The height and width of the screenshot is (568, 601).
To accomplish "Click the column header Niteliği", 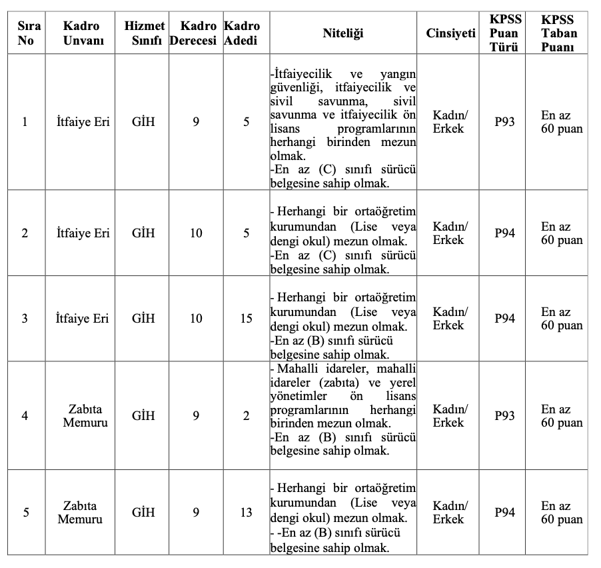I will pyautogui.click(x=343, y=33).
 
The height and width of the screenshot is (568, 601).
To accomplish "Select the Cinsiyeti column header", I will pyautogui.click(x=451, y=33).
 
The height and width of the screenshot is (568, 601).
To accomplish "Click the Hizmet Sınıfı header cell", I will pyautogui.click(x=144, y=33).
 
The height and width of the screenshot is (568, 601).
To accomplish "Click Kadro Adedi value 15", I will pyautogui.click(x=247, y=319).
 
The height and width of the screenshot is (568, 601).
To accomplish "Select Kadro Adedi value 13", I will pyautogui.click(x=247, y=513).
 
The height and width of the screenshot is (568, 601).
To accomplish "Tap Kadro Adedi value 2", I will pyautogui.click(x=247, y=416).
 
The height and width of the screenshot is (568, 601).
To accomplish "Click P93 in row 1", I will pyautogui.click(x=504, y=123).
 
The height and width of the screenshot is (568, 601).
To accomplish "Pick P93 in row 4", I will pyautogui.click(x=504, y=416).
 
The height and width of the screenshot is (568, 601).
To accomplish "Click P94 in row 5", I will pyautogui.click(x=504, y=513).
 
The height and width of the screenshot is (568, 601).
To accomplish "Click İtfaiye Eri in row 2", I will pyautogui.click(x=83, y=233).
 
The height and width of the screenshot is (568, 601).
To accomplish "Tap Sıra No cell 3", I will pyautogui.click(x=25, y=319).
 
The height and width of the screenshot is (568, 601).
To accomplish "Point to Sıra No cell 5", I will pyautogui.click(x=25, y=513).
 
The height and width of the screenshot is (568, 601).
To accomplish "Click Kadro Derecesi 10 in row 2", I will pyautogui.click(x=196, y=233).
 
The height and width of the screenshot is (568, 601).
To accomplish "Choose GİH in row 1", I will pyautogui.click(x=143, y=123).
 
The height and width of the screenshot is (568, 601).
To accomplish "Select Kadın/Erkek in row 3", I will pyautogui.click(x=450, y=319).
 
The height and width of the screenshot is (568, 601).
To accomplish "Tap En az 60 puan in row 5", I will pyautogui.click(x=561, y=513).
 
